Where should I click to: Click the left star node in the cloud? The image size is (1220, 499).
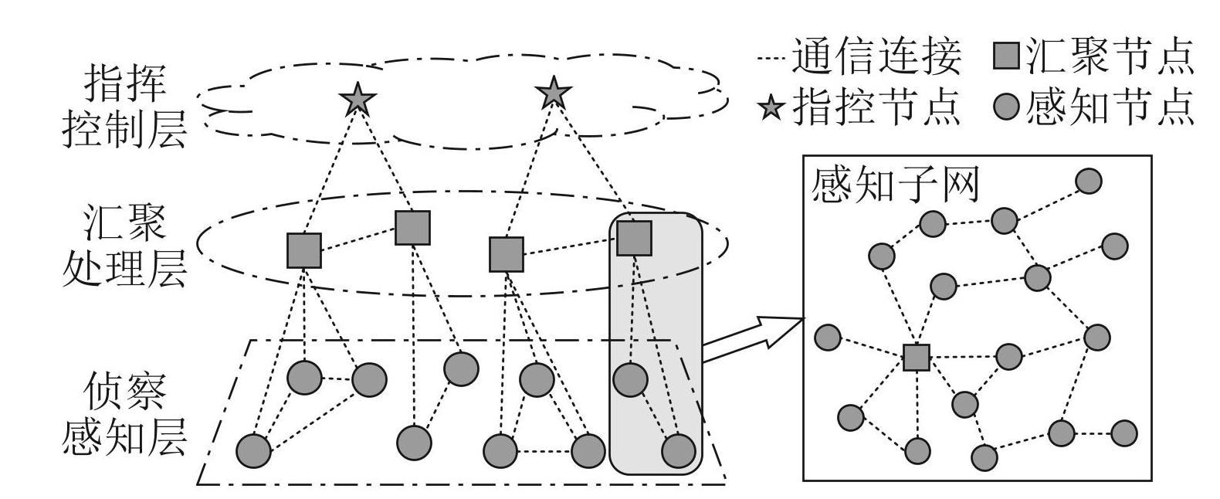(358, 99)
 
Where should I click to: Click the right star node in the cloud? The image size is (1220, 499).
(554, 93)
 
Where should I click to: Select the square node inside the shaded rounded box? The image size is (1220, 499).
(635, 239)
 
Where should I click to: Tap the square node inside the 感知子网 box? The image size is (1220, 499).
(917, 357)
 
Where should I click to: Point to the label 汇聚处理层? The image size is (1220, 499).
(124, 246)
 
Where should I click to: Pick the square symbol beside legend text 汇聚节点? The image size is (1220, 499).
(1006, 56)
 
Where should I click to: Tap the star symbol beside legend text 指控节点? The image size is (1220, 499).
(771, 109)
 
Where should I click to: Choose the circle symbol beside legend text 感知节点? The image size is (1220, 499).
(1006, 107)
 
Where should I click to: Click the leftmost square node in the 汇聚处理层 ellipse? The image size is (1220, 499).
(304, 250)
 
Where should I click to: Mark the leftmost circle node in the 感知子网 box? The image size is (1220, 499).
(828, 337)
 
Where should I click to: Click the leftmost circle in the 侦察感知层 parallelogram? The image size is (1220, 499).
(253, 450)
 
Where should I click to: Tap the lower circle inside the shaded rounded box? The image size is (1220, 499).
(679, 450)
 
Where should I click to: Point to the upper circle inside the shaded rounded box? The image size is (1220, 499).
(630, 379)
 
